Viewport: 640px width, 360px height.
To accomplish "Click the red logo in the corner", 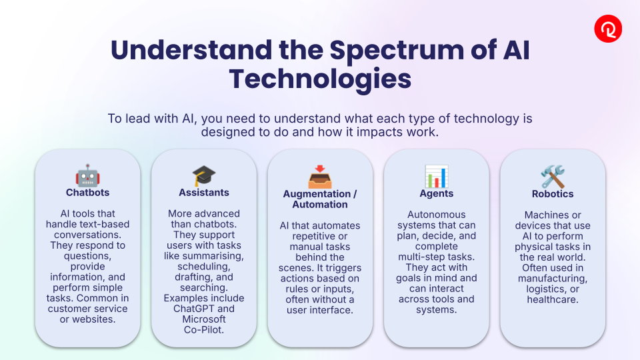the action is (x=608, y=29).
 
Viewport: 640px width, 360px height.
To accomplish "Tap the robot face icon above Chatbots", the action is (x=88, y=175).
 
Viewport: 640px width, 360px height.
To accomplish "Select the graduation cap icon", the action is (x=204, y=176).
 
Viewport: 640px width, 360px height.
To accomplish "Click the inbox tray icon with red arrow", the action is (x=320, y=177).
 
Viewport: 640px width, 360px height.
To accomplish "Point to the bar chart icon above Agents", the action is (x=436, y=176).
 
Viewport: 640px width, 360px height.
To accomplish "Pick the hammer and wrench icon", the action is (x=553, y=177).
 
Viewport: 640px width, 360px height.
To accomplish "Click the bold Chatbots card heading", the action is (x=88, y=193).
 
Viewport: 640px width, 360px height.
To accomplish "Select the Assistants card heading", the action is (x=204, y=193).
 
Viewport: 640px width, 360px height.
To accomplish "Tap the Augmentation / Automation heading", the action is (x=320, y=199).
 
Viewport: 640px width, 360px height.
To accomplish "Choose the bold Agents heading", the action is (x=436, y=193).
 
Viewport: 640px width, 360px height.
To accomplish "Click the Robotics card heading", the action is (x=553, y=194).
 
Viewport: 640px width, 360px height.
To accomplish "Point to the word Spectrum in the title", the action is (x=396, y=51).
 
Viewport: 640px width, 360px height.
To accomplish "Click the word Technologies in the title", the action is (x=320, y=79).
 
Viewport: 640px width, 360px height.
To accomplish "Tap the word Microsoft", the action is (x=204, y=319).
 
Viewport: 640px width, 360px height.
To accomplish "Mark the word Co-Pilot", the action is (x=204, y=330).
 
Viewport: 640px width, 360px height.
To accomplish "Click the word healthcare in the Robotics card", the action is (x=553, y=299).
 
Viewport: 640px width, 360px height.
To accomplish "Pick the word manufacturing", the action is (x=553, y=279).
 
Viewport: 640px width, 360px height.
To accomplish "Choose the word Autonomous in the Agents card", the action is (x=436, y=215).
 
